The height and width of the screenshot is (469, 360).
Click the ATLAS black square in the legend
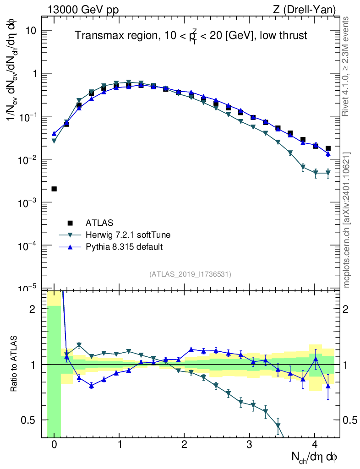pyautogui.click(x=70, y=223)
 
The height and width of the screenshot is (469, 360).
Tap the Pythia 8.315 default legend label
pyautogui.click(x=124, y=247)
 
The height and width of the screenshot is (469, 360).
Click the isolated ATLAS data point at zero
pyautogui.click(x=54, y=189)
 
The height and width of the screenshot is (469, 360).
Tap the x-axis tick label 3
pyautogui.click(x=249, y=444)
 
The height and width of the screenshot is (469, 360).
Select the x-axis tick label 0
pyautogui.click(x=54, y=444)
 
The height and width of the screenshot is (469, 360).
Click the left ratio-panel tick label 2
pyautogui.click(x=33, y=309)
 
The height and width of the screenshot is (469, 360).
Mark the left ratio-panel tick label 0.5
pyautogui.click(x=28, y=420)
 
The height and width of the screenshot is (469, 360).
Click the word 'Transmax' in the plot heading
pyautogui.click(x=94, y=36)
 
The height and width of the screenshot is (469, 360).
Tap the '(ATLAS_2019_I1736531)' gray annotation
pyautogui.click(x=190, y=274)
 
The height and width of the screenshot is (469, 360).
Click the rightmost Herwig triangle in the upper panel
pyautogui.click(x=328, y=173)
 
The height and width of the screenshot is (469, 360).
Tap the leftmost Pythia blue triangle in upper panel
pyautogui.click(x=54, y=134)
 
